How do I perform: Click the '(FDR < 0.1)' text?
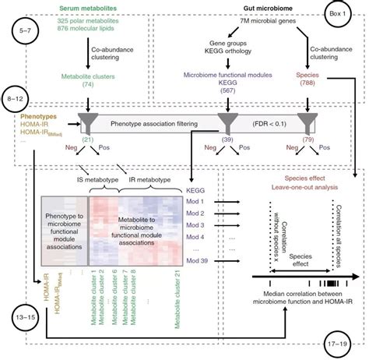(x=264, y=122)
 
